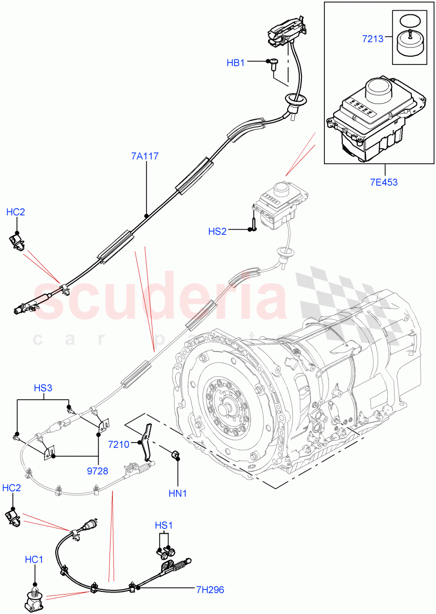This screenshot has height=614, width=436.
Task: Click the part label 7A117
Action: [145, 156]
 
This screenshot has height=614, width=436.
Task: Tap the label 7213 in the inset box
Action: [372, 38]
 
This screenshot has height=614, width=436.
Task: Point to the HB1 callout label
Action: [235, 62]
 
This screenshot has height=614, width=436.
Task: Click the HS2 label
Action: [217, 231]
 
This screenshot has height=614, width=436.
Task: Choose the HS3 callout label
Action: [43, 388]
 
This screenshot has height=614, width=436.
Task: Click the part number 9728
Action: [98, 471]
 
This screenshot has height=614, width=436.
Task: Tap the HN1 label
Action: [178, 494]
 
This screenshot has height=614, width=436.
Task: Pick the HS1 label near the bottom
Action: [164, 525]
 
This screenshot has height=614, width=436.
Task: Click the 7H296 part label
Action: [210, 589]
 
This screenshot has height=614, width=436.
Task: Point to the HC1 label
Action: [34, 560]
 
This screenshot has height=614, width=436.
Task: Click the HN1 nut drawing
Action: [173, 454]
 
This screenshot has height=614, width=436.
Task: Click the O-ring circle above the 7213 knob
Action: [408, 20]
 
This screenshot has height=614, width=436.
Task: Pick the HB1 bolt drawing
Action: [274, 63]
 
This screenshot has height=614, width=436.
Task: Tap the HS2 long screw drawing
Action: [253, 221]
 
